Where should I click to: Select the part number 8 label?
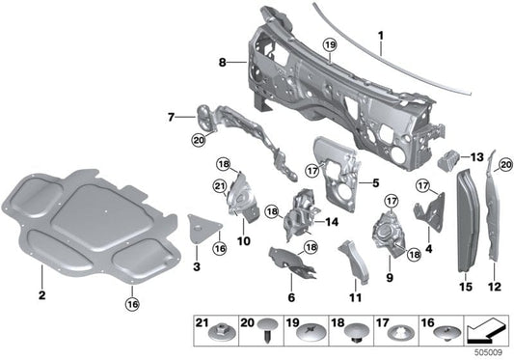click(x=223, y=62)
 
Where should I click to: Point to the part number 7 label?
click(x=173, y=118)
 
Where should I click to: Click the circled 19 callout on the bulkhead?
click(x=329, y=45)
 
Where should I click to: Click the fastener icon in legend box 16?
click(x=446, y=334)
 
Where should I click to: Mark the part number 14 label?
click(x=332, y=221)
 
